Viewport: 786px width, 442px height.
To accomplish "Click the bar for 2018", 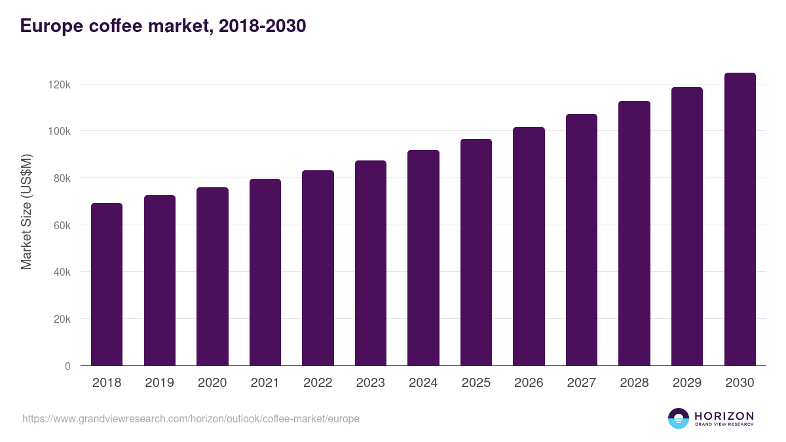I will click(107, 284).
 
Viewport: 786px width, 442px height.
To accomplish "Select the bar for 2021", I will click(265, 272).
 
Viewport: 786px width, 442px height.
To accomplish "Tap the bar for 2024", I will click(423, 257).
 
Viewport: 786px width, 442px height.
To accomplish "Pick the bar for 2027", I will click(582, 240).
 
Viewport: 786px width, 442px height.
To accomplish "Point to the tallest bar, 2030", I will click(739, 219).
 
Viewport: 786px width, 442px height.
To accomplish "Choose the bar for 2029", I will click(687, 226).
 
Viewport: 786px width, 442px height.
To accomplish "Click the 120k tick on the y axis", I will click(58, 84).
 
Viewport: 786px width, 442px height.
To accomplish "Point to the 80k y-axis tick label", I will click(60, 178).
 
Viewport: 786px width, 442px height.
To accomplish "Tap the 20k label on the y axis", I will click(60, 319).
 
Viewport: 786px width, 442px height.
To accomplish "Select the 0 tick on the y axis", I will click(67, 366).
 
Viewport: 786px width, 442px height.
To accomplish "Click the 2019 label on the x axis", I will click(159, 383).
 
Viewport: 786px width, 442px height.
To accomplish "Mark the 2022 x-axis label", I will click(318, 383).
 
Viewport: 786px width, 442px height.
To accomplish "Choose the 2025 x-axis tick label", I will click(476, 383).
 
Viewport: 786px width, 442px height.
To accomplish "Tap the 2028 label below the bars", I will click(634, 383).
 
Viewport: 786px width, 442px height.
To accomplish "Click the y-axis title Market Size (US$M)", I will click(26, 212).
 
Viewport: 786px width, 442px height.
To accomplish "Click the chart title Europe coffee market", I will click(163, 26).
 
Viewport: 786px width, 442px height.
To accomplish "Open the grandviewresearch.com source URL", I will click(191, 418).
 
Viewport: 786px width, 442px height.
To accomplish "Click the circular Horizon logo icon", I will click(679, 418).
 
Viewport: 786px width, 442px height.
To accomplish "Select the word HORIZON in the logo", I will click(724, 415).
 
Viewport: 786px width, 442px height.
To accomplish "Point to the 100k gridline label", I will click(58, 131).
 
